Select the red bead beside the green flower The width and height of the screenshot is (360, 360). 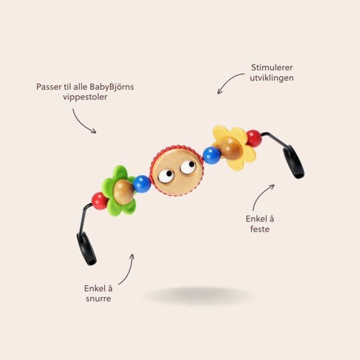point(99,201)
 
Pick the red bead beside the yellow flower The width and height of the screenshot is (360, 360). point(254,138)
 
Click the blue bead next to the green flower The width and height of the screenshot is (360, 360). point(141,184)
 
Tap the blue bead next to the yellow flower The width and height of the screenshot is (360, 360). point(212,155)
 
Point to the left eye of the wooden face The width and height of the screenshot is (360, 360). point(166,176)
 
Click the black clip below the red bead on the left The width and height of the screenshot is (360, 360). point(86,248)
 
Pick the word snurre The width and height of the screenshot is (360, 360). point(98,298)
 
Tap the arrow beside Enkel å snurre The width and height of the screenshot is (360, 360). point(127,269)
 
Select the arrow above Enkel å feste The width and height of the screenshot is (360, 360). point(263,196)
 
